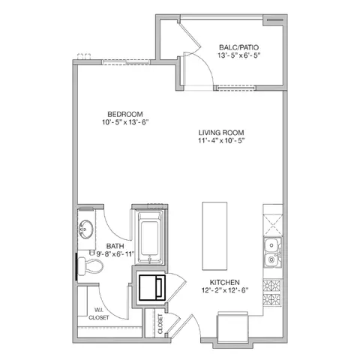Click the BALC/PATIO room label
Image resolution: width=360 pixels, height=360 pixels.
[x=239, y=46]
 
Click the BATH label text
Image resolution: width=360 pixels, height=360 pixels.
[x=115, y=245]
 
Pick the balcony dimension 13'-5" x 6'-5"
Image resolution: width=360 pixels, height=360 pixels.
[x=239, y=56]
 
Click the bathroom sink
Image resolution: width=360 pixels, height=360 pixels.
[x=85, y=228]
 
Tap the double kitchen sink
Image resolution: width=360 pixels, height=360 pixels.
[x=271, y=253]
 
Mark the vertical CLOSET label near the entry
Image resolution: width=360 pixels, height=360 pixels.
[x=160, y=323]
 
